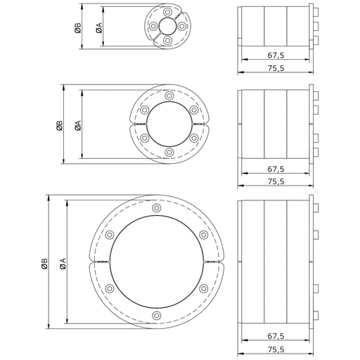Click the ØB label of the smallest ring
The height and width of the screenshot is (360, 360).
pyautogui.click(x=78, y=27)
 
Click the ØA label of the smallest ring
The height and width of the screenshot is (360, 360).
pyautogui.click(x=99, y=27)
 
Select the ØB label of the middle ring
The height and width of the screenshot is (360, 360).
pyautogui.click(x=60, y=125)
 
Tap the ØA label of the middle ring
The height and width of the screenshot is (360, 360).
pyautogui.click(x=78, y=125)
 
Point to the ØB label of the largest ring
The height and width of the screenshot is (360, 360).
pyautogui.click(x=44, y=264)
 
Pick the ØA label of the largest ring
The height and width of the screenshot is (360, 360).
pyautogui.click(x=63, y=264)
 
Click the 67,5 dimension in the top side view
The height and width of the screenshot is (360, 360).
pyautogui.click(x=276, y=56)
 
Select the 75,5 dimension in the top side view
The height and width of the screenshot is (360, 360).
pyautogui.click(x=276, y=68)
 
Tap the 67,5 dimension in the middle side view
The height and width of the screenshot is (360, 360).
pyautogui.click(x=276, y=169)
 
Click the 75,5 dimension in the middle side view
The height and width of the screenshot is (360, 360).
pyautogui.click(x=276, y=181)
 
